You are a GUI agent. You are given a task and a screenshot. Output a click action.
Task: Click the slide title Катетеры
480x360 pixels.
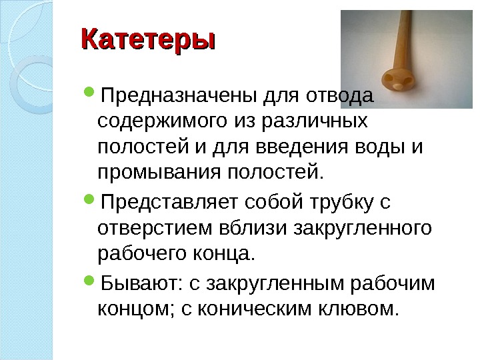(x=148, y=39)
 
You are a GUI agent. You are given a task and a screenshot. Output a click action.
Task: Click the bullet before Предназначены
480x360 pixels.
(x=92, y=96)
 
